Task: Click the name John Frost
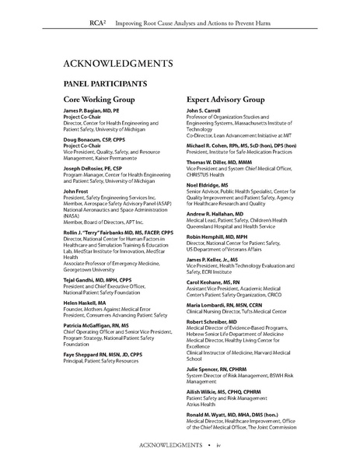[x=75, y=191]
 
